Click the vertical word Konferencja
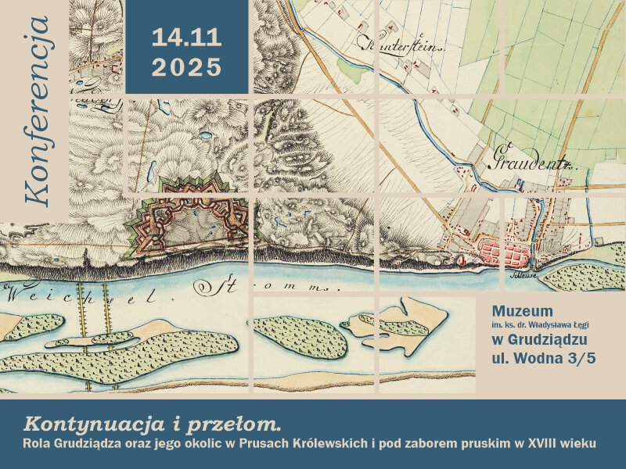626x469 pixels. point(38,109)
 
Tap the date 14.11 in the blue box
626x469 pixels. point(187,38)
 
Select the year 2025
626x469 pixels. point(187,67)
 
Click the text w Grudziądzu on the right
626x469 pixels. point(539,340)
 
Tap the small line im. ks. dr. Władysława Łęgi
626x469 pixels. point(541,325)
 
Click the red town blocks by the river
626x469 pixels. point(502,252)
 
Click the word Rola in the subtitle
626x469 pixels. point(38,443)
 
